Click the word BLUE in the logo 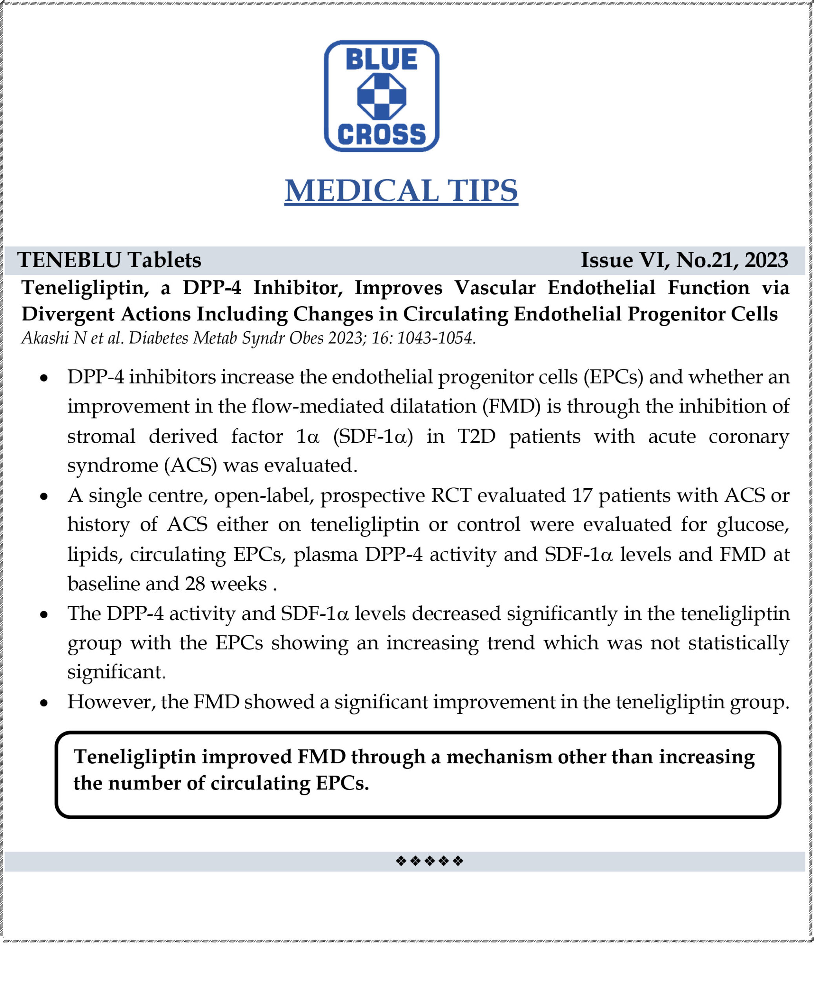click(x=381, y=60)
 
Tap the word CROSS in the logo click(x=381, y=135)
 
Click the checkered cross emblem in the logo click(x=381, y=96)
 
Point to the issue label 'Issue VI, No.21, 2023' click(x=684, y=260)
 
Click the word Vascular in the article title click(x=495, y=287)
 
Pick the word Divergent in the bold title click(x=68, y=314)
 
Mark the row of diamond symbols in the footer click(x=429, y=861)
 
